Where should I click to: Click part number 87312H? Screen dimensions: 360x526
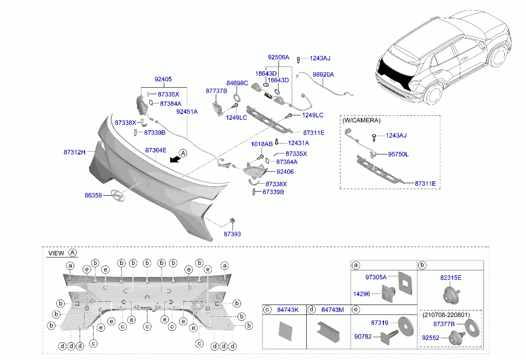pos(74,153)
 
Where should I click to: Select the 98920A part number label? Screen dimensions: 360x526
pos(323,75)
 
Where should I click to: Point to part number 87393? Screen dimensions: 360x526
pos(232,234)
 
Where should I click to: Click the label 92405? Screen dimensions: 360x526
pos(163,79)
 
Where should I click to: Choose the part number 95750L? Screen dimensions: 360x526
pos(398,154)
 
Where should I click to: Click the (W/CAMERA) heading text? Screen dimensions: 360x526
pos(361,120)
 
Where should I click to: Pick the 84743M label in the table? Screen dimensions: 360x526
pos(333,310)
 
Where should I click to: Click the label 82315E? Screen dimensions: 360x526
pos(450,278)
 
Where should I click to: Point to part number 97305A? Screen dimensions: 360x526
pos(376,277)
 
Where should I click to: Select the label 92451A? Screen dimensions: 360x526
pos(187,112)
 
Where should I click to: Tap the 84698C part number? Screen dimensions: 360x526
pos(237,83)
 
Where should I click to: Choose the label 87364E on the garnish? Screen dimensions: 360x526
pos(156,150)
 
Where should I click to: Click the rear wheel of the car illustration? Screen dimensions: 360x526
pos(433,94)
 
